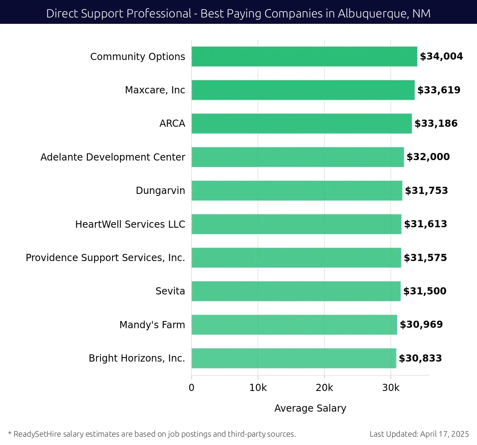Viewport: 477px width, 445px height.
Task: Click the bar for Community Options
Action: point(304,56)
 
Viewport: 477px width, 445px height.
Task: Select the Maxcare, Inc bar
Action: point(303,90)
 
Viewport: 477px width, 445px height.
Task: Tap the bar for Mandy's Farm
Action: point(294,325)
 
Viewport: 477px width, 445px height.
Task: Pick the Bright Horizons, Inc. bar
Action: point(294,358)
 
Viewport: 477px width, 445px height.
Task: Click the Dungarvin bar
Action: point(297,190)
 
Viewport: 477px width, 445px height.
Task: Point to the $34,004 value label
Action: point(441,56)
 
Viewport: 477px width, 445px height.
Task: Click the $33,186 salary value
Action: point(436,124)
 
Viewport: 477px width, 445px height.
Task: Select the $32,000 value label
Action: point(428,157)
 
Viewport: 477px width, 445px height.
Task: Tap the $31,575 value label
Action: point(425,257)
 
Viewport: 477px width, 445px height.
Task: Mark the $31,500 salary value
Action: point(425,291)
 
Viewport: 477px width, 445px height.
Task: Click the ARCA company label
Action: point(172,124)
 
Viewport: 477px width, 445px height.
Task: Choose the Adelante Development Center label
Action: point(112,157)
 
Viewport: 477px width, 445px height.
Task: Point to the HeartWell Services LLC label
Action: point(130,224)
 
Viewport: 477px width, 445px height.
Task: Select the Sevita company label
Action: point(170,291)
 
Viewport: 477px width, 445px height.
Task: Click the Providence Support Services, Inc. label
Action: point(105,257)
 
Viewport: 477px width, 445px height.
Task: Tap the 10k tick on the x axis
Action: point(258,388)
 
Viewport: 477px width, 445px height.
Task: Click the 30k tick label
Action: point(391,388)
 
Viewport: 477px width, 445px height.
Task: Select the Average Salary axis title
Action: point(310,408)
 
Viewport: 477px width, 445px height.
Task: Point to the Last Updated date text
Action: point(419,434)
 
